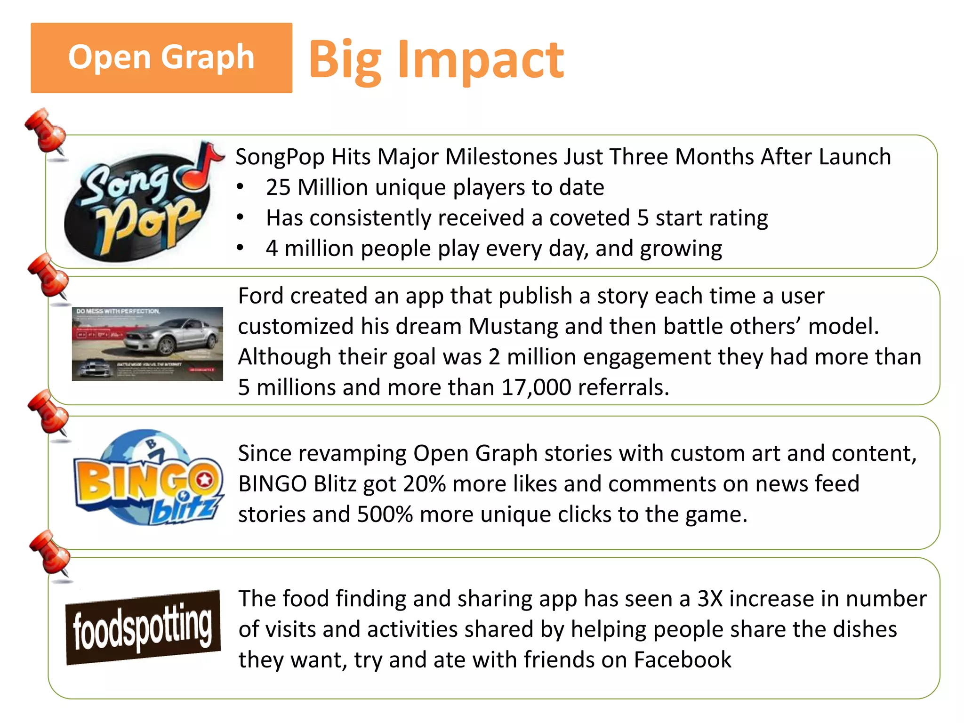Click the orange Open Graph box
161,57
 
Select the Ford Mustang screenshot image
147,344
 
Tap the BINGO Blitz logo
148,478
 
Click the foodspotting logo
143,627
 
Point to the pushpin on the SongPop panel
46,131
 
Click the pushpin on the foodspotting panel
51,553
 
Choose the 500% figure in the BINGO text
385,514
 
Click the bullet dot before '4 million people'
240,248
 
